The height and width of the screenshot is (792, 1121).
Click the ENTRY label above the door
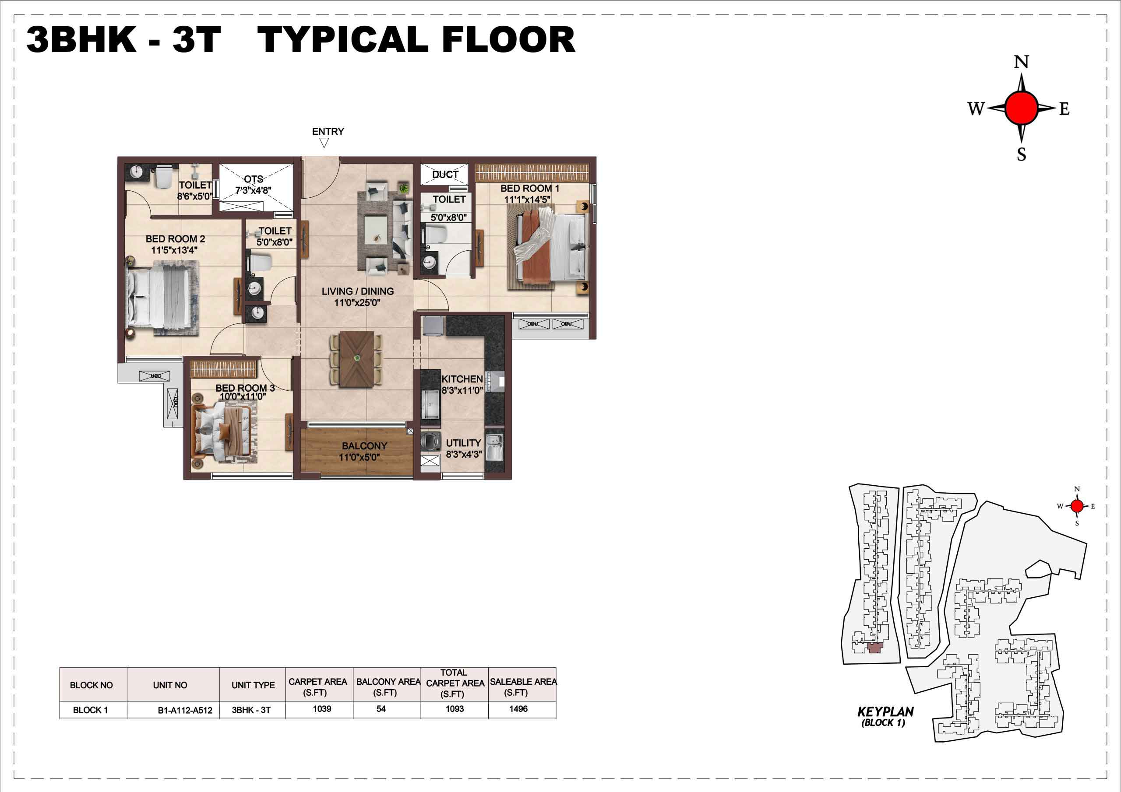[x=328, y=132]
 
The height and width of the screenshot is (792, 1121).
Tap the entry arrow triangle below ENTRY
[x=323, y=143]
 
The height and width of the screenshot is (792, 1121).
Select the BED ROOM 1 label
[x=530, y=188]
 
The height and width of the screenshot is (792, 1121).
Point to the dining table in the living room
[x=357, y=360]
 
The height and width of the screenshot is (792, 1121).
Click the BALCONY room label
[x=364, y=446]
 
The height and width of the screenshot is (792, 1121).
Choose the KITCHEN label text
[x=462, y=379]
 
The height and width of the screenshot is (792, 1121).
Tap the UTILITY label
[x=463, y=443]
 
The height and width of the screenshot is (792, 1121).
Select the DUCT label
[x=445, y=175]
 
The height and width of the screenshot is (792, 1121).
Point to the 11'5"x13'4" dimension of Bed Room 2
[x=174, y=250]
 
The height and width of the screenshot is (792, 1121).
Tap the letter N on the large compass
[x=1022, y=62]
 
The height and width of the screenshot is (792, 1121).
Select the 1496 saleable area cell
[x=518, y=709]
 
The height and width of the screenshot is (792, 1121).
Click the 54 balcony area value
[x=381, y=709]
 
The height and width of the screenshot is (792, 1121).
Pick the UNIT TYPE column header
[x=253, y=685]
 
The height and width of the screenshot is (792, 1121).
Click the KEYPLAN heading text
[x=886, y=712]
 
